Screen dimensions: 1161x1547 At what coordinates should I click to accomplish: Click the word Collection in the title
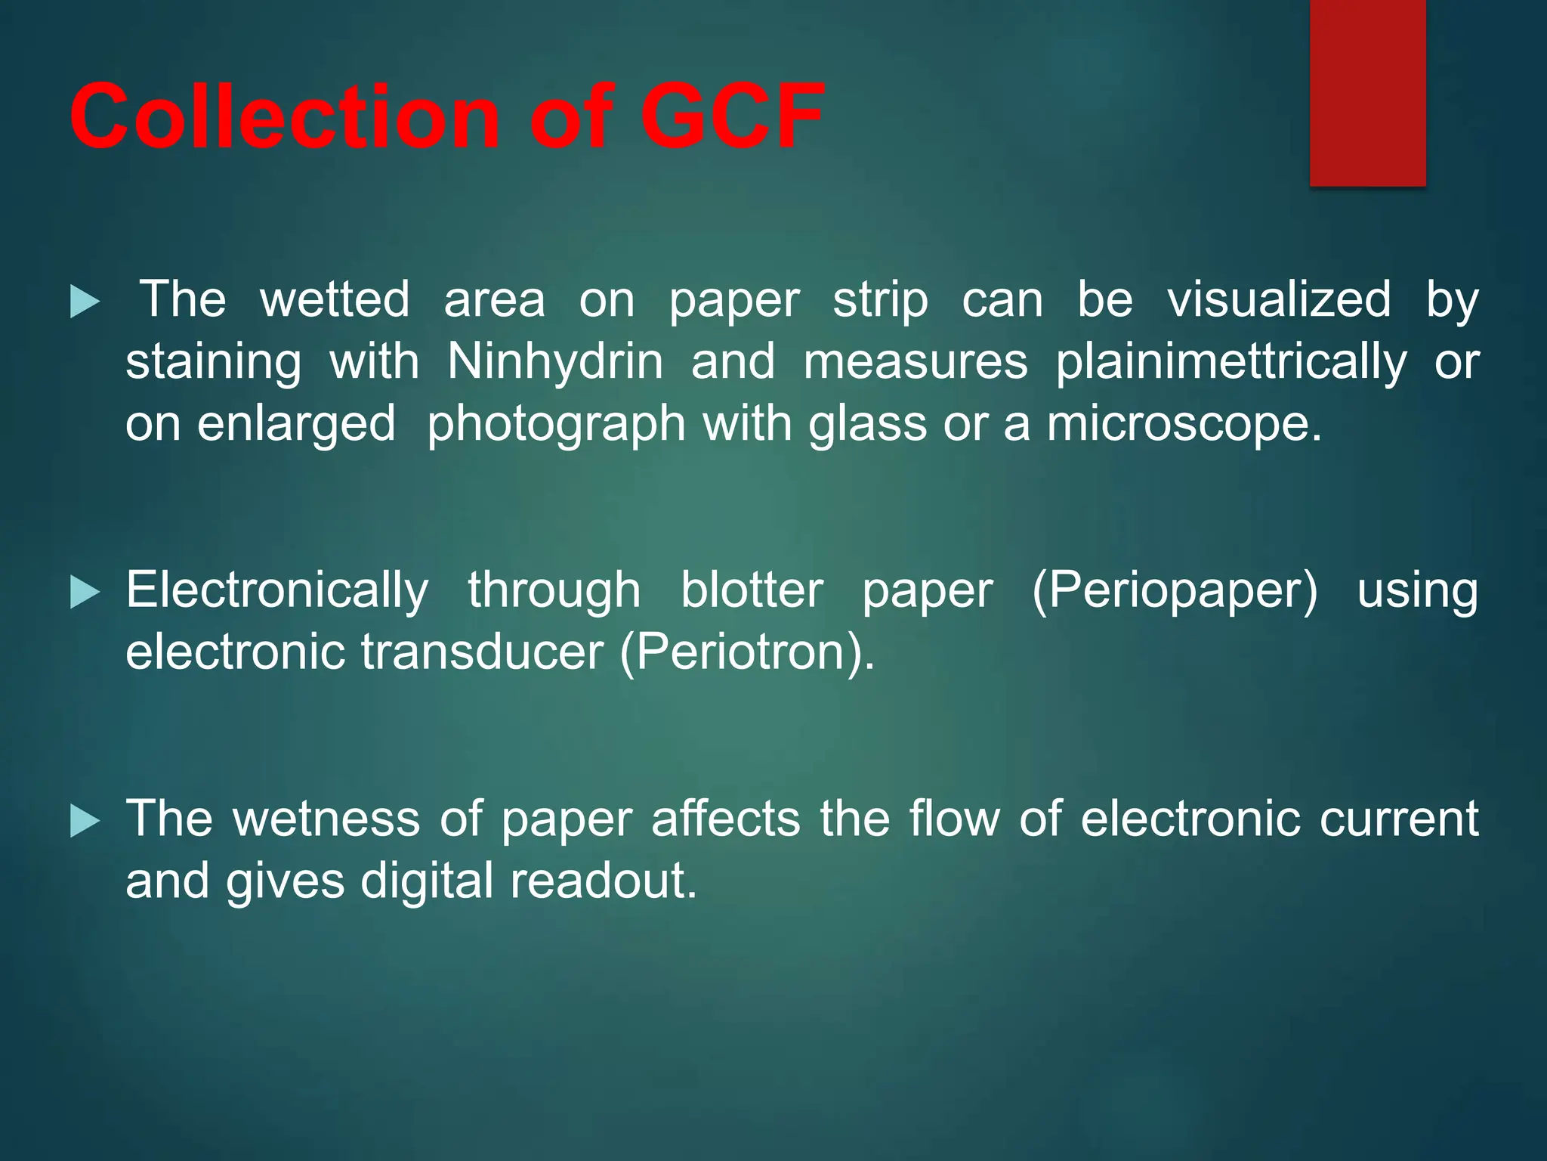point(284,117)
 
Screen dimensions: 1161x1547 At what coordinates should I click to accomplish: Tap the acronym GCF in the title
point(731,117)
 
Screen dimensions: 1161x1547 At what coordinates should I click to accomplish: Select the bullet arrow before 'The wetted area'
point(85,302)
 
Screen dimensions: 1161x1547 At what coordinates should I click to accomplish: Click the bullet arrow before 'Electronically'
point(85,593)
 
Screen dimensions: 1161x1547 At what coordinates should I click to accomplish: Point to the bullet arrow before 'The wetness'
point(85,821)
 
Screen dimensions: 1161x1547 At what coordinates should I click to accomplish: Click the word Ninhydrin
point(555,361)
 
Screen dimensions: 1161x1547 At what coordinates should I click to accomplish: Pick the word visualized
point(1279,299)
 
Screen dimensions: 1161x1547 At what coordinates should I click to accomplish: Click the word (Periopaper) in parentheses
point(1175,591)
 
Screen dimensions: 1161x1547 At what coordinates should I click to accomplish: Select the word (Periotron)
point(746,652)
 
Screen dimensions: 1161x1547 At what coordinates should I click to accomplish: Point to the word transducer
point(482,652)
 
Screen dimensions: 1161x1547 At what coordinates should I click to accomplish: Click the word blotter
point(752,590)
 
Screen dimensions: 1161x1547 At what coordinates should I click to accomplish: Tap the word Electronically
point(277,590)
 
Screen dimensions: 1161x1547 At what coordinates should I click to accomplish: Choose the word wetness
point(326,819)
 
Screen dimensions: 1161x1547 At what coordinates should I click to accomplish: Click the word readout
point(603,881)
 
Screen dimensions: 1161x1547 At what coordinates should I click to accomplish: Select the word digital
point(427,881)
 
